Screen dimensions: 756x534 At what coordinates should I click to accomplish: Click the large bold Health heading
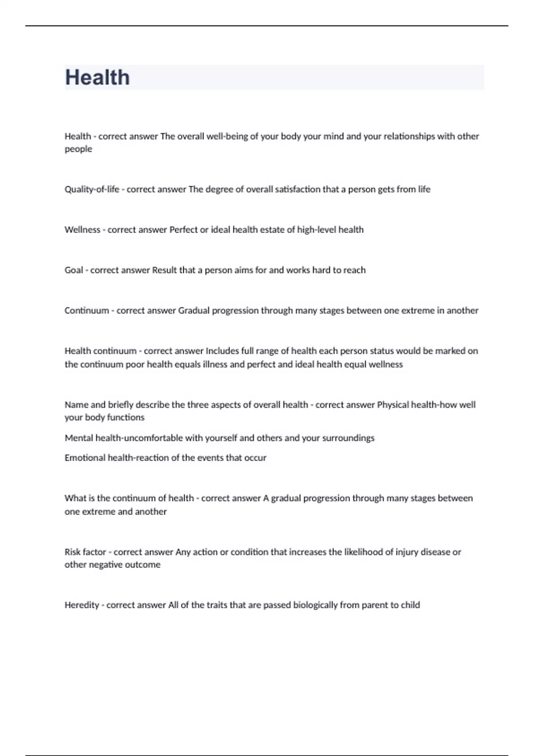tap(97, 77)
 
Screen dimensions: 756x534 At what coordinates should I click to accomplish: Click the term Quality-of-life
tap(92, 189)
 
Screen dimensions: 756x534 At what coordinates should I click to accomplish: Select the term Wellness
tap(82, 230)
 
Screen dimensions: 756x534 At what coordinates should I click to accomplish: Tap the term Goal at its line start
tap(73, 270)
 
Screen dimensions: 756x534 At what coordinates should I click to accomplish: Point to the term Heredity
tap(82, 605)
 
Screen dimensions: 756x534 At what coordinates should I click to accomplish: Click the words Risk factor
tap(85, 552)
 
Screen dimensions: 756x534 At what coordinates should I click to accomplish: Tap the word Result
tap(164, 270)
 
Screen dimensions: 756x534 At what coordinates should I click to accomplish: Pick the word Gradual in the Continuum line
tap(194, 310)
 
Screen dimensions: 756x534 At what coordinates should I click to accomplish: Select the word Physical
tap(392, 405)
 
